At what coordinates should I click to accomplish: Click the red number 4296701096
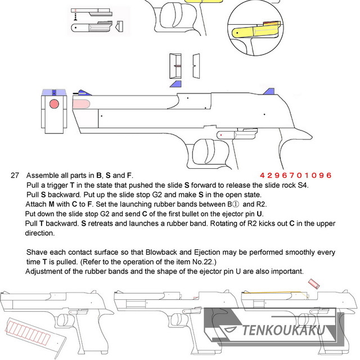point(296,175)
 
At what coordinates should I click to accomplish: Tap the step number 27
point(15,175)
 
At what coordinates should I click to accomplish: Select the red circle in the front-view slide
point(54,105)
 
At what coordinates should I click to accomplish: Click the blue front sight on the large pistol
point(82,93)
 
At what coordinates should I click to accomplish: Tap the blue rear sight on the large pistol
point(269,92)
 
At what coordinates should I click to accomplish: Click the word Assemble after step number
point(43,175)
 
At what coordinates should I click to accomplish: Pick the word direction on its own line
point(41,233)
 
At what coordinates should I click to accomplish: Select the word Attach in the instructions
point(36,204)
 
